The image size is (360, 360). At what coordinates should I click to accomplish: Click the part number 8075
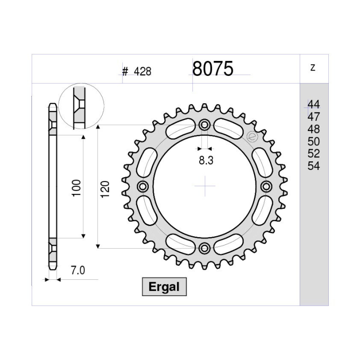click(x=213, y=69)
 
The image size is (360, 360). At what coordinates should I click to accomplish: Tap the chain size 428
click(x=143, y=72)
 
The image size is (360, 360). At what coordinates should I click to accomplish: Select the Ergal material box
click(x=164, y=287)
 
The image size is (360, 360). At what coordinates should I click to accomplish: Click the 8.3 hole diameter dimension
click(x=206, y=160)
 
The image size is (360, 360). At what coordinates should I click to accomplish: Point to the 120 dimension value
click(x=105, y=190)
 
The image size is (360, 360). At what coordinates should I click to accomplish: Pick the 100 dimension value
click(x=76, y=188)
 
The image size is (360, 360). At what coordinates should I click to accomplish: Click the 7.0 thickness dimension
click(x=78, y=270)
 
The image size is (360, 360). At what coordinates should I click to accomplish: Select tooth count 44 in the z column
click(x=313, y=105)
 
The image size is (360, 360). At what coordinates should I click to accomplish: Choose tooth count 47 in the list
click(x=313, y=117)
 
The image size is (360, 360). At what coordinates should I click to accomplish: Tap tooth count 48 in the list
click(x=313, y=129)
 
